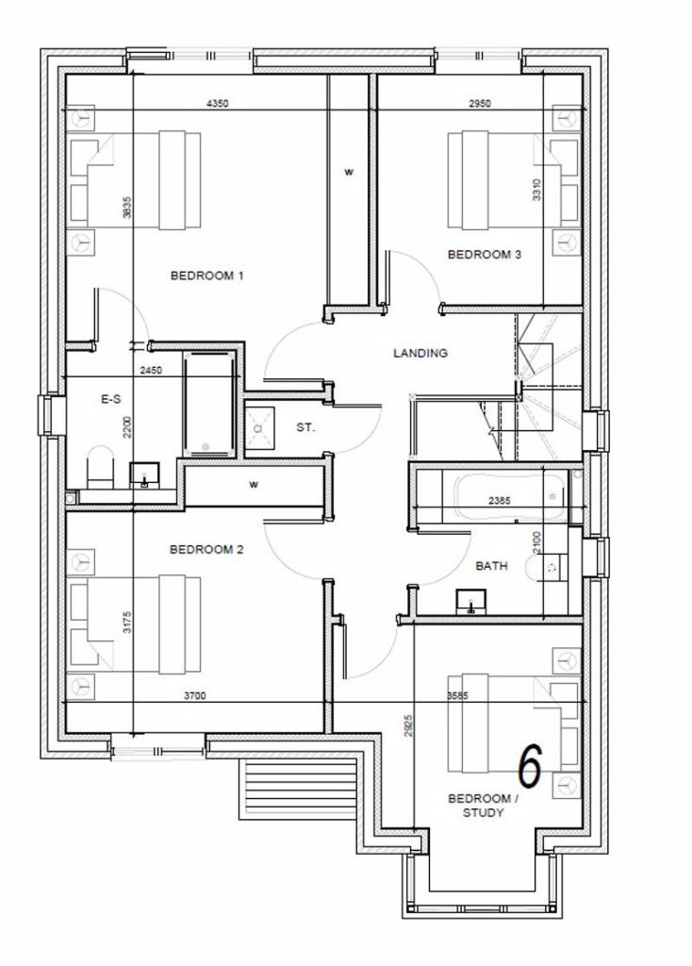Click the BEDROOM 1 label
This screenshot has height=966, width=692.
click(x=206, y=276)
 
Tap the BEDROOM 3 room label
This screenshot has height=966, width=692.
click(x=484, y=254)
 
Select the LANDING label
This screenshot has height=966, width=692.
click(x=420, y=354)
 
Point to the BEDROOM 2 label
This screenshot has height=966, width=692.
click(x=206, y=549)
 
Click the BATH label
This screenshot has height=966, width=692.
click(x=491, y=566)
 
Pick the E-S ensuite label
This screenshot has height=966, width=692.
click(x=110, y=400)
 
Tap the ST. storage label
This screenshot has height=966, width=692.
click(x=305, y=427)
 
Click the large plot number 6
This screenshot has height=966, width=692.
click(x=531, y=766)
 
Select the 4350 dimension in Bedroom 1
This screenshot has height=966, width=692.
click(x=217, y=104)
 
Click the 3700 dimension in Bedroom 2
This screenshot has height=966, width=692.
click(x=195, y=695)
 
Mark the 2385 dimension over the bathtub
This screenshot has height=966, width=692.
click(x=500, y=502)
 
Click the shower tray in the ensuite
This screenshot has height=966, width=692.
click(x=209, y=406)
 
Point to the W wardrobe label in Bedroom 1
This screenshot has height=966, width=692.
click(x=348, y=173)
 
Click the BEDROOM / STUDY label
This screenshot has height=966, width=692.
click(x=483, y=806)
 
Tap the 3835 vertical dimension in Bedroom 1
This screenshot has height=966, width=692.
click(x=126, y=208)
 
